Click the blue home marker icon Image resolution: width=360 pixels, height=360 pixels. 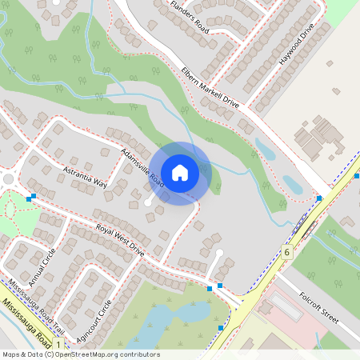point(180,172)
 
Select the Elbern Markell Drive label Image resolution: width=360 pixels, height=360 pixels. point(210,86)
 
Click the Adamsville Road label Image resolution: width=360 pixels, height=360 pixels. point(142,167)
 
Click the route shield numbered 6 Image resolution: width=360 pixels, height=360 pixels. point(286,252)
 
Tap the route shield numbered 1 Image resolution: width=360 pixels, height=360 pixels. point(58,343)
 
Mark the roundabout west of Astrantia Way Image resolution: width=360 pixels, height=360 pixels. point(9,178)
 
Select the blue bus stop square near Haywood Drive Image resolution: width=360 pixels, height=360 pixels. point(319,198)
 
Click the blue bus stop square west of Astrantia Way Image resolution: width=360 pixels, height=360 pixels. point(30,198)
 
